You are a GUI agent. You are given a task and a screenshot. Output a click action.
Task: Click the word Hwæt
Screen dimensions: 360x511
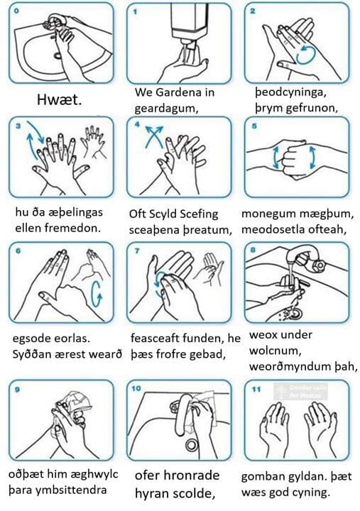(60, 99)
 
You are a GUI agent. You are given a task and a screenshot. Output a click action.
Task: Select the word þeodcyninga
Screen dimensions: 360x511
(291, 92)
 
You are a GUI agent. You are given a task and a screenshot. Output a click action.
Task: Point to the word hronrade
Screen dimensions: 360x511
(191, 475)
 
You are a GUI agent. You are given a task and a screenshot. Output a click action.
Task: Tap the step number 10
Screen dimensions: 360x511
(136, 388)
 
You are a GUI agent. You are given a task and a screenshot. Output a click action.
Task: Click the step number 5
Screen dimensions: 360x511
(254, 126)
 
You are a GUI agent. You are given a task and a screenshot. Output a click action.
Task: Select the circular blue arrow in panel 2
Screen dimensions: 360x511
(306, 55)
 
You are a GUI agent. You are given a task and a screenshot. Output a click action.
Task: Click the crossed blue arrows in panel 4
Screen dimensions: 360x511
(153, 136)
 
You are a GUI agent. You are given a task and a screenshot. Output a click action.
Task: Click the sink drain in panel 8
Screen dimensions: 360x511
(295, 314)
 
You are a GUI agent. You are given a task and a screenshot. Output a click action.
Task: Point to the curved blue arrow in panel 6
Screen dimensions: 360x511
(96, 294)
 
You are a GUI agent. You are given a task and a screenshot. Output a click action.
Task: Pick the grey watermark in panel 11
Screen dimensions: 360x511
(300, 392)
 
